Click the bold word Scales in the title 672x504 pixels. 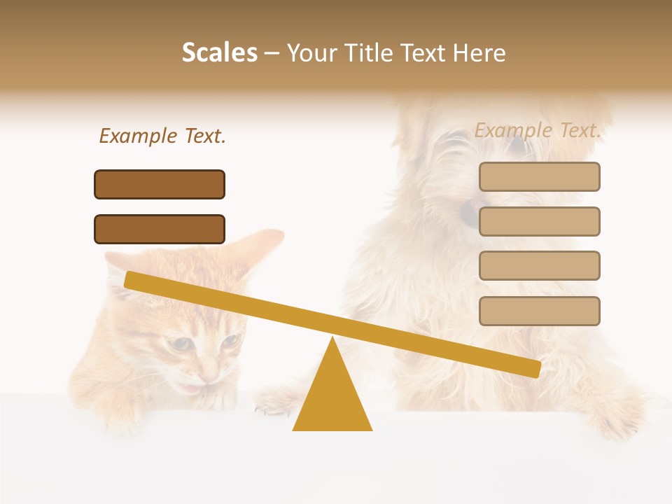pyautogui.click(x=219, y=53)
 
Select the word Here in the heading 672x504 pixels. pyautogui.click(x=479, y=53)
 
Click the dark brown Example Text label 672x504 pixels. pyautogui.click(x=162, y=136)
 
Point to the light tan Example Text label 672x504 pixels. pyautogui.click(x=538, y=130)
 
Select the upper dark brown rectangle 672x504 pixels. pyautogui.click(x=160, y=184)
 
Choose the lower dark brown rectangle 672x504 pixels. pyautogui.click(x=160, y=229)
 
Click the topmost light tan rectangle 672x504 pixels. pyautogui.click(x=539, y=176)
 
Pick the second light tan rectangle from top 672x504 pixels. pyautogui.click(x=539, y=221)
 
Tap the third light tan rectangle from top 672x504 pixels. pyautogui.click(x=539, y=265)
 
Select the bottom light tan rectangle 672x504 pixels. pyautogui.click(x=539, y=311)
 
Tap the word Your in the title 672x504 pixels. pyautogui.click(x=313, y=53)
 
